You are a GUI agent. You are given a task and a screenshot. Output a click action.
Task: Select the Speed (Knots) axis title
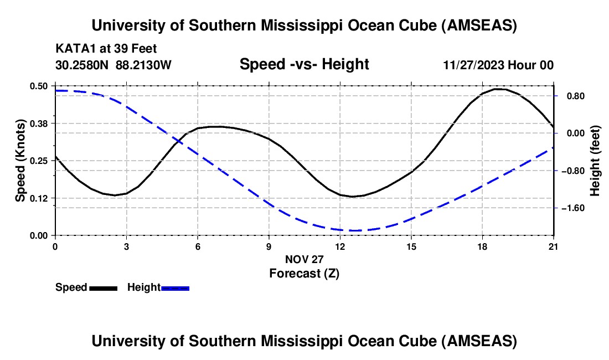pyautogui.click(x=20, y=161)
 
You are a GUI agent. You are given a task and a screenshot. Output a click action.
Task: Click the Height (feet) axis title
pyautogui.click(x=595, y=161)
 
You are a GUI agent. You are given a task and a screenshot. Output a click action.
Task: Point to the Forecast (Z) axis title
pyautogui.click(x=304, y=273)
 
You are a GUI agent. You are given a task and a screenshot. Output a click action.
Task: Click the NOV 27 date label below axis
pyautogui.click(x=304, y=259)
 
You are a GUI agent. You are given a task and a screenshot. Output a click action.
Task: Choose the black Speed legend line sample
pyautogui.click(x=103, y=287)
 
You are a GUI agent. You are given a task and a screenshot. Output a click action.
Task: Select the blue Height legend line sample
pyautogui.click(x=175, y=287)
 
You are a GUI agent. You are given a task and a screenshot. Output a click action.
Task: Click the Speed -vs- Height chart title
pyautogui.click(x=304, y=64)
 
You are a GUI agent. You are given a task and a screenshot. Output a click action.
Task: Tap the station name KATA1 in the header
pyautogui.click(x=73, y=48)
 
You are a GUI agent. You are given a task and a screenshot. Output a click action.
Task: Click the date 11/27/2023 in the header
pyautogui.click(x=474, y=65)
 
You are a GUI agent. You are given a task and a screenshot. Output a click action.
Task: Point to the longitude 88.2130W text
pyautogui.click(x=144, y=65)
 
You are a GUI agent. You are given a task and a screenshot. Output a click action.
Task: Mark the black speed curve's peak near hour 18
pyautogui.click(x=497, y=89)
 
